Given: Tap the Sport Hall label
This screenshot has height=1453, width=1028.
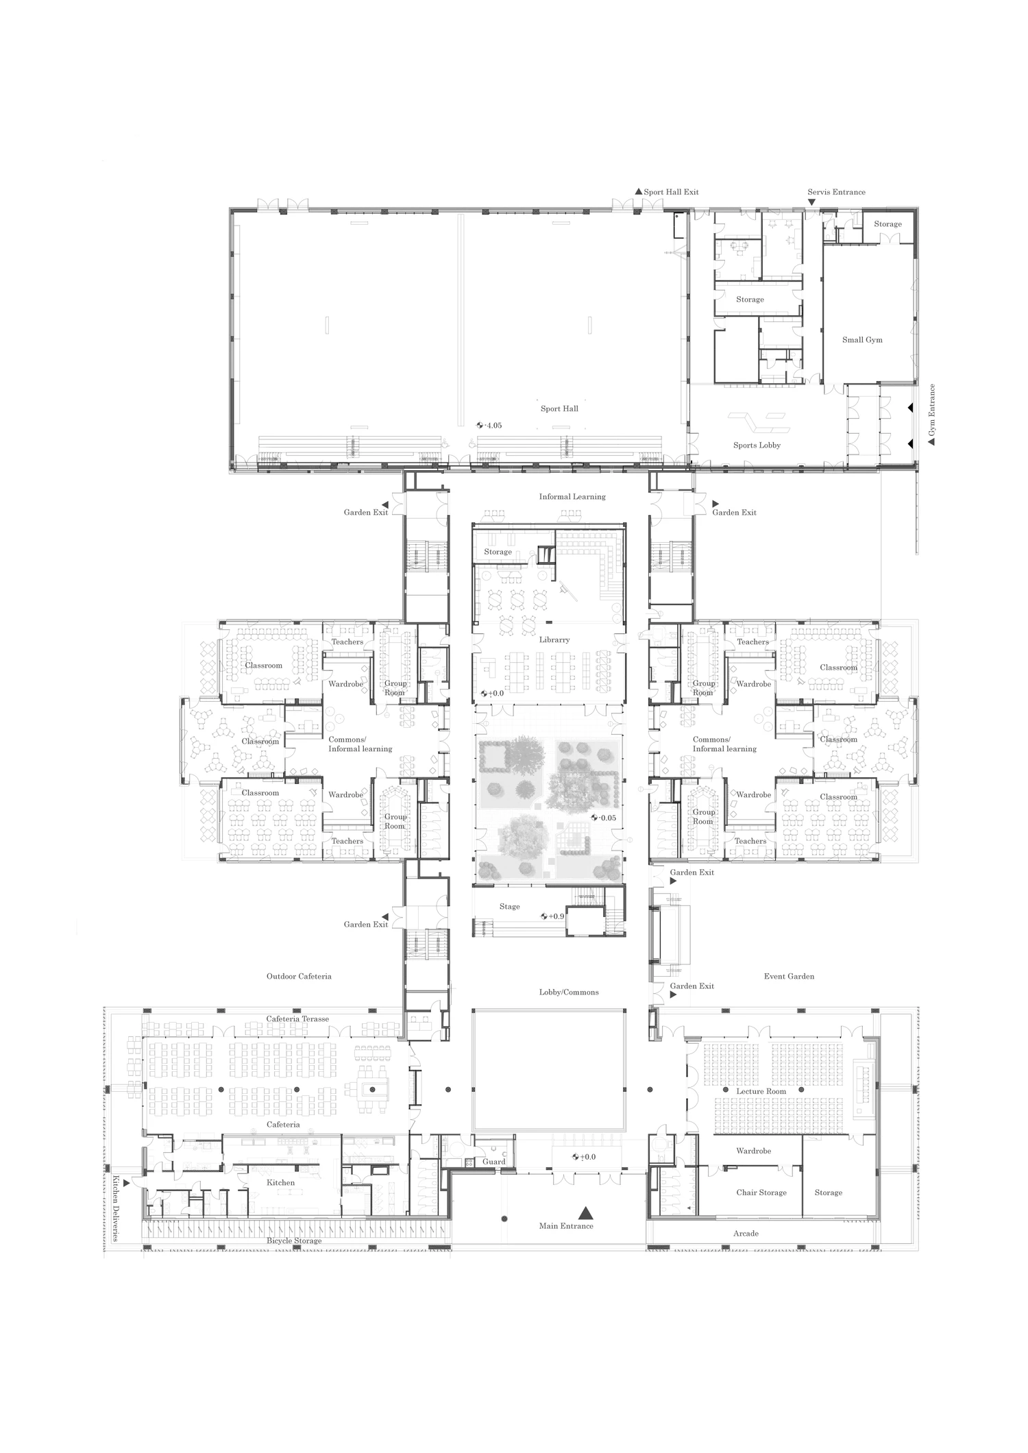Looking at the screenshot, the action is [x=559, y=408].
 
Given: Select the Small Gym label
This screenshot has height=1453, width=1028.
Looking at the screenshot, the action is [x=862, y=340].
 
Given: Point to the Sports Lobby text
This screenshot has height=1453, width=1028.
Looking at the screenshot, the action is [x=757, y=445].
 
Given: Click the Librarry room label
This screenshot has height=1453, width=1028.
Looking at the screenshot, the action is [x=554, y=639].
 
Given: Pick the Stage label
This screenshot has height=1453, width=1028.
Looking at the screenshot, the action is [x=509, y=906].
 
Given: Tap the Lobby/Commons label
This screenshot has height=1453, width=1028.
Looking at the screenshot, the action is [x=569, y=992].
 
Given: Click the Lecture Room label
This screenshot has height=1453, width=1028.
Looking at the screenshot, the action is [x=761, y=1090].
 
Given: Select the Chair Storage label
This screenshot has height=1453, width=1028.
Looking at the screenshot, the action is [x=761, y=1193].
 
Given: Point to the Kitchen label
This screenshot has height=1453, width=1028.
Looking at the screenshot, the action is [x=281, y=1182].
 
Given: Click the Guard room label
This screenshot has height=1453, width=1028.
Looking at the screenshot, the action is [x=494, y=1162].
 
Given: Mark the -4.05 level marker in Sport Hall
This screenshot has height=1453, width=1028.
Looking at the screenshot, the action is [x=489, y=426].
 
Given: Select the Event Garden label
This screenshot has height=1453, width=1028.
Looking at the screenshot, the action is [x=789, y=976].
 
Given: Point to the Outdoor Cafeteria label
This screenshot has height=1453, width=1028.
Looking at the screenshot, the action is [x=299, y=976].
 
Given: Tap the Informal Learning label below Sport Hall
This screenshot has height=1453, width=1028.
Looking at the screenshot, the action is [x=572, y=497].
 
